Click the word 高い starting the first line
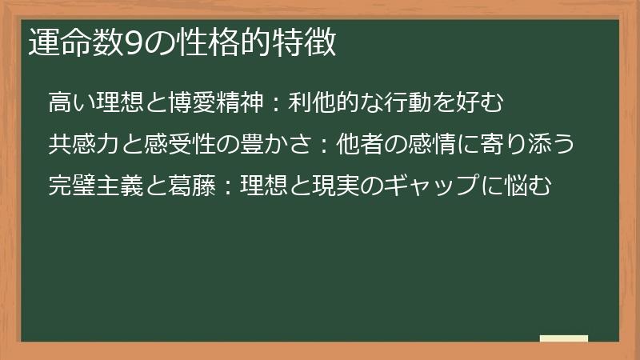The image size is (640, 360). (70, 103)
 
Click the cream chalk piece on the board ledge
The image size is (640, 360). (564, 338)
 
